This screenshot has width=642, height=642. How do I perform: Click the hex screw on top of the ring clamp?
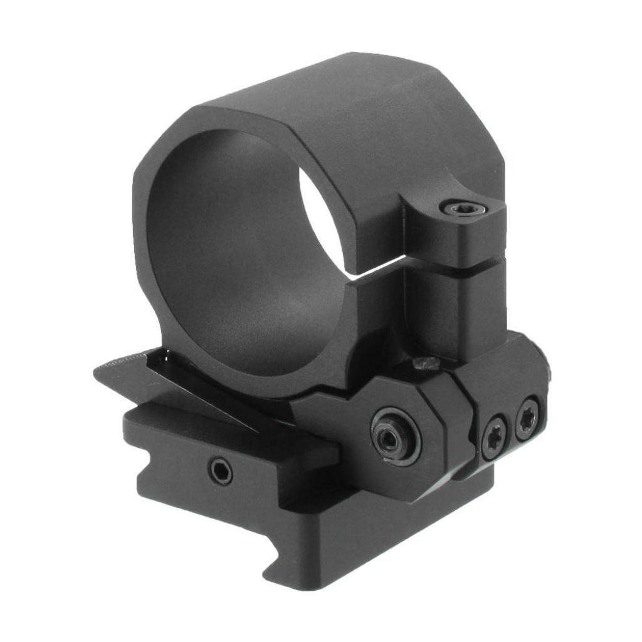(x=463, y=208)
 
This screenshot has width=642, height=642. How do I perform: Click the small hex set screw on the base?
(x=220, y=471)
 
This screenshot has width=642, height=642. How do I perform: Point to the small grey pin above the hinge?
(x=428, y=362)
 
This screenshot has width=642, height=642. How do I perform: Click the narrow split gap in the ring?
(x=376, y=272)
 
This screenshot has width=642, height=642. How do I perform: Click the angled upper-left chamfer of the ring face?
(x=157, y=141)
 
